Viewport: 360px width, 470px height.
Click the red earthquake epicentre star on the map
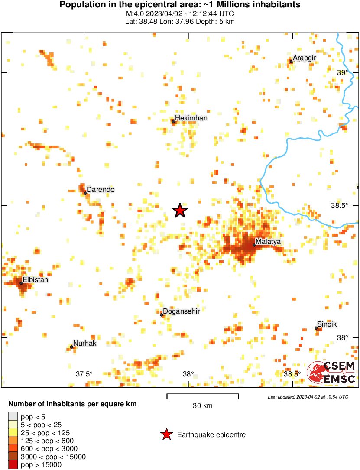(180, 211)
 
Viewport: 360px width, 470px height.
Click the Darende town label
(101, 189)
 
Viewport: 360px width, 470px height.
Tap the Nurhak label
(84, 343)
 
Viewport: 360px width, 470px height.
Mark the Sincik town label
(327, 324)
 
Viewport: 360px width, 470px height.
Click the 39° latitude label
(343, 73)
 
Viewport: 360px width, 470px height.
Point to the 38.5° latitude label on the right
(339, 205)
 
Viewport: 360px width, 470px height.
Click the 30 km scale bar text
(202, 406)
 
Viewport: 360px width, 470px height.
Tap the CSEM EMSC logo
(332, 373)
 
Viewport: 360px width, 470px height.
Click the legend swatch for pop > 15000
(13, 465)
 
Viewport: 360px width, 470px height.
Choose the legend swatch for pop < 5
(13, 417)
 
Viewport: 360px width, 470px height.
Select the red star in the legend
(166, 434)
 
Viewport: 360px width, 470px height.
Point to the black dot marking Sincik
(316, 328)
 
